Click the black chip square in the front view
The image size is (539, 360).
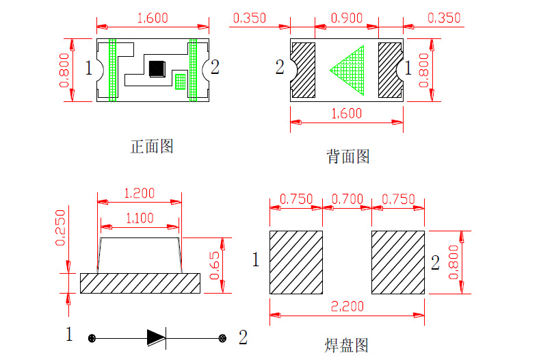point(157,68)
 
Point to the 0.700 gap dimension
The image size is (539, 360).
point(347,199)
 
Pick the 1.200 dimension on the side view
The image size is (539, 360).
point(140,193)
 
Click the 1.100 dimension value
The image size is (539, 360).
point(140,218)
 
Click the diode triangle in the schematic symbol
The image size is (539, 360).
point(156,337)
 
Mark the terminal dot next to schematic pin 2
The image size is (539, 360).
point(222,338)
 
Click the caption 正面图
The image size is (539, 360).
point(151,146)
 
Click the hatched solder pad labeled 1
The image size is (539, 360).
point(295,263)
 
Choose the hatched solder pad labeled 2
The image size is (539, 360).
point(398,263)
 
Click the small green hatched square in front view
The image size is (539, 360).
point(180,81)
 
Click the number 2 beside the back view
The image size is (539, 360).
point(279,67)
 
